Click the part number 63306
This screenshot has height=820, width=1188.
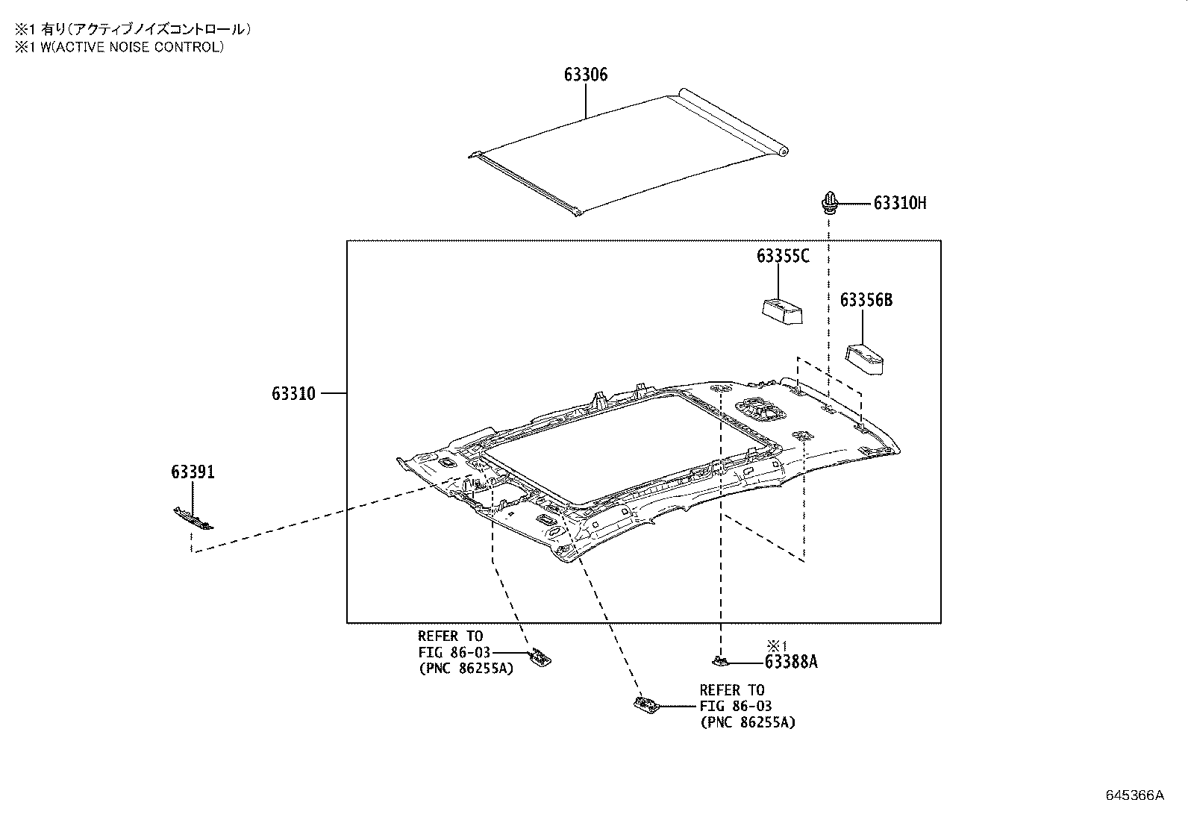[x=585, y=75]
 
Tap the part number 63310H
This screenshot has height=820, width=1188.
[x=899, y=203]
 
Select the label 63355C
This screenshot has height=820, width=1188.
[x=782, y=256]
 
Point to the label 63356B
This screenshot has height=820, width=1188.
[x=866, y=300]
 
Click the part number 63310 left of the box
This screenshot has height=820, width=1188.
[x=293, y=393]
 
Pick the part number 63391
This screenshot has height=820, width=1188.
[x=193, y=472]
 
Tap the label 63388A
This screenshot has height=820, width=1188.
[x=790, y=662]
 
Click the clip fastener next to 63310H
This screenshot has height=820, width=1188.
[x=829, y=201]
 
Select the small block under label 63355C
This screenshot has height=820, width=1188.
[x=782, y=310]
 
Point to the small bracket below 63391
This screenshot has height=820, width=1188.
[x=193, y=517]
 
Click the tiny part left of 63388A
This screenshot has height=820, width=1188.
[x=719, y=660]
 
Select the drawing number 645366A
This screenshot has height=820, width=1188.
[x=1134, y=795]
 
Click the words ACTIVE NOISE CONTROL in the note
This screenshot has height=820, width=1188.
[x=145, y=47]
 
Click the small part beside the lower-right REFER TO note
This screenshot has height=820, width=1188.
[x=644, y=704]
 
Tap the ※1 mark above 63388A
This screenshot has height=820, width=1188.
[x=777, y=645]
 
